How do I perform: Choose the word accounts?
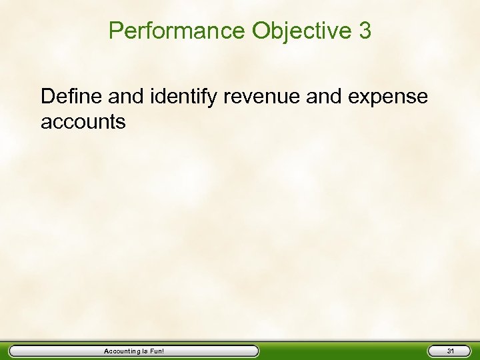pyautogui.click(x=83, y=122)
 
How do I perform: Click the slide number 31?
pyautogui.click(x=451, y=351)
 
